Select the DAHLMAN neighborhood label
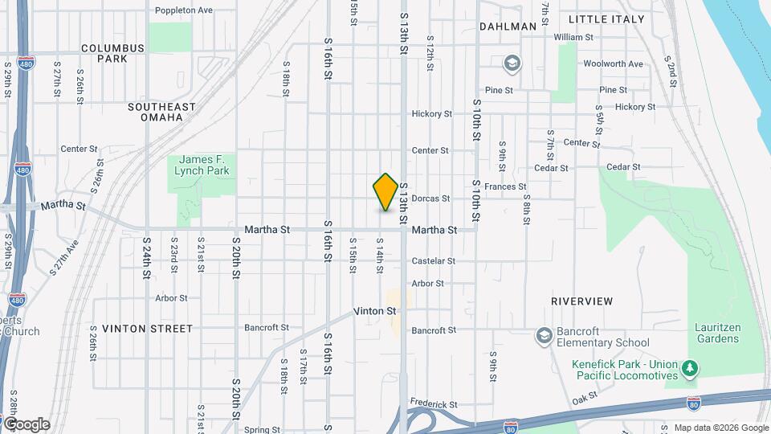(508, 27)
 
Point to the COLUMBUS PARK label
(112, 53)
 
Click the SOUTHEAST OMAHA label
(161, 113)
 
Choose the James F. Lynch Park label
(204, 165)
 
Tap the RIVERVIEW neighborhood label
(582, 301)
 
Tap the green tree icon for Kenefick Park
(689, 369)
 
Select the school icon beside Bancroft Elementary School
(544, 335)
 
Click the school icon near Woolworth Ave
(512, 63)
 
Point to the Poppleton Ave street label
(184, 10)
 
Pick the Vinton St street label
(375, 311)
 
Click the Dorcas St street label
(430, 199)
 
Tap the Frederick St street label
(433, 404)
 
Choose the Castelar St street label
(434, 261)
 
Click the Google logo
(27, 424)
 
